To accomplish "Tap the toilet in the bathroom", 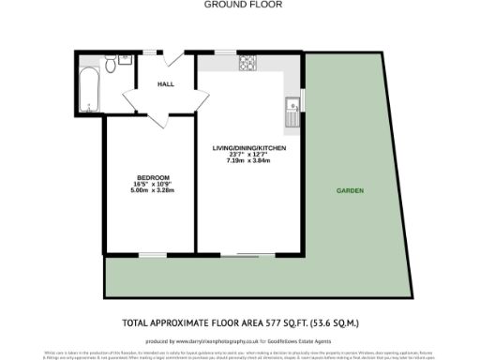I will (110, 64).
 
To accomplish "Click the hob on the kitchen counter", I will (249, 64).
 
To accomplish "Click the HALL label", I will (166, 84).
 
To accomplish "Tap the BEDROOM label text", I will (154, 178).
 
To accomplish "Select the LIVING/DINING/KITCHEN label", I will (248, 148).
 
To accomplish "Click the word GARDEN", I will (351, 191).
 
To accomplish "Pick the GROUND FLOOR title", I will (241, 5).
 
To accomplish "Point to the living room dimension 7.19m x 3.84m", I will (248, 161).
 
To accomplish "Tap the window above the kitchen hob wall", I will (226, 52).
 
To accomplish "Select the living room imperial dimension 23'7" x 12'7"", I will (248, 155).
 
